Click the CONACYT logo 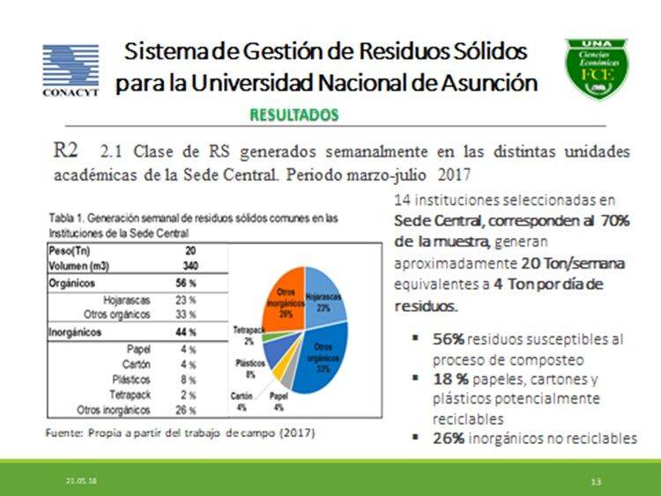coord(71,70)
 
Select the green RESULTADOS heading coord(293,115)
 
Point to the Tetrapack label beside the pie coord(244,334)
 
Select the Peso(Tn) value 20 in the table coord(191,251)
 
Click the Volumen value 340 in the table coord(189,264)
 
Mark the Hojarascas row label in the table coord(126,300)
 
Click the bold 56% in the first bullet coord(448,338)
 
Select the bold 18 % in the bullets coord(450,380)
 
